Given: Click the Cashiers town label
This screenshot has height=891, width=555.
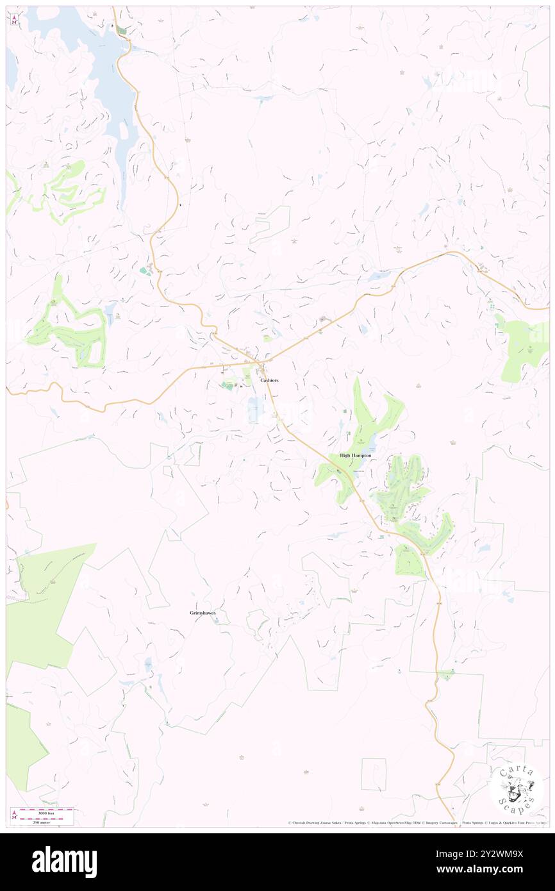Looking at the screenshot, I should pyautogui.click(x=269, y=380).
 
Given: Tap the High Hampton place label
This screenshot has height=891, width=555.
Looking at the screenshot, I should pyautogui.click(x=355, y=455).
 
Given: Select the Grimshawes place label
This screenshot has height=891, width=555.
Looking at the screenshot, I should pyautogui.click(x=203, y=613).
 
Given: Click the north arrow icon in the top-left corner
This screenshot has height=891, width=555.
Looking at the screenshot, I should pyautogui.click(x=14, y=20).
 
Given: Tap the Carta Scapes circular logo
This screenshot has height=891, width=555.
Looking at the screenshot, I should pyautogui.click(x=517, y=789).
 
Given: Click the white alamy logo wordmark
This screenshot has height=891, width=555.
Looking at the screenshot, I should pyautogui.click(x=64, y=862).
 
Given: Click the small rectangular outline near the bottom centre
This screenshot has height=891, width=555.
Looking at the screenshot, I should pyautogui.click(x=374, y=774).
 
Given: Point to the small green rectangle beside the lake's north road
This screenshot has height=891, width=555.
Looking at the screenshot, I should pyautogui.click(x=122, y=31).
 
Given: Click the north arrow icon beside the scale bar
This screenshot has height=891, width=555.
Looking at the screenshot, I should pyautogui.click(x=14, y=815).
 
